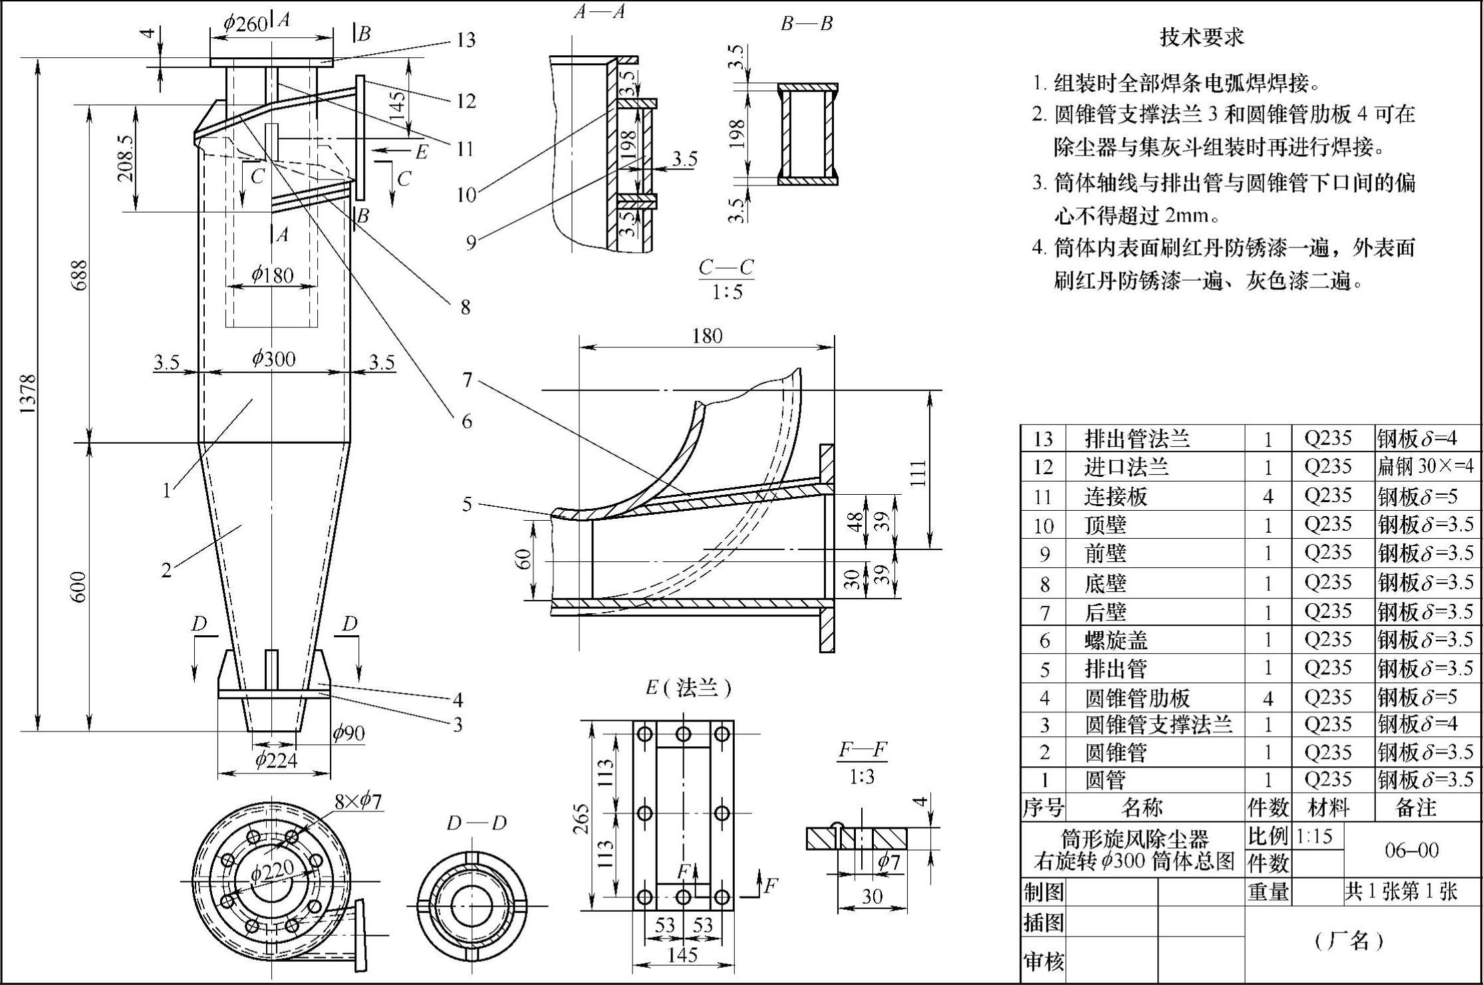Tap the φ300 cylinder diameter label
coord(273,359)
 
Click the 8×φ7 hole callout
coord(358,801)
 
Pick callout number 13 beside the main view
coord(466,41)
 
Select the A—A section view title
coord(599,11)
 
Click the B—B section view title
coord(807,23)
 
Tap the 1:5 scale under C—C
coord(727,293)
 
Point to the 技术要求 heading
coord(1201,37)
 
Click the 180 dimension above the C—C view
coord(706,335)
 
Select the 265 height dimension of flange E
coord(581,818)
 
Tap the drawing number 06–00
coord(1411,850)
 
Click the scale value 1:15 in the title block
coord(1314,835)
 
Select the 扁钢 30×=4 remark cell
coord(1425,466)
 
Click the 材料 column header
coord(1329,807)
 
